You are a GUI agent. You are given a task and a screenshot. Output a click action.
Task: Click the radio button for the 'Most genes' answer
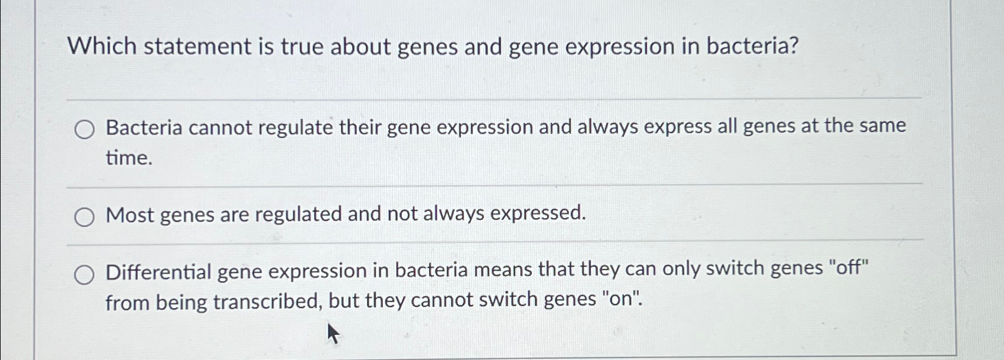[84, 218]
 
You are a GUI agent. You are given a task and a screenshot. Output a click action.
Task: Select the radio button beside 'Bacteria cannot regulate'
[84, 129]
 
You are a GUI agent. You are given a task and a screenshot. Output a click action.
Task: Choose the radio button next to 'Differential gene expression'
[84, 275]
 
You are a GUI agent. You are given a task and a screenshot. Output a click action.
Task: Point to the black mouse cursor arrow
[333, 333]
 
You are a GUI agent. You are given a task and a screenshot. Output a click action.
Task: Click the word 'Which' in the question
[102, 46]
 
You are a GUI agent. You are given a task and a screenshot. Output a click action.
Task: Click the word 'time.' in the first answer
[129, 158]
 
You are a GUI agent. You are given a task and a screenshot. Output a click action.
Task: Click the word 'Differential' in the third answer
[158, 273]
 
